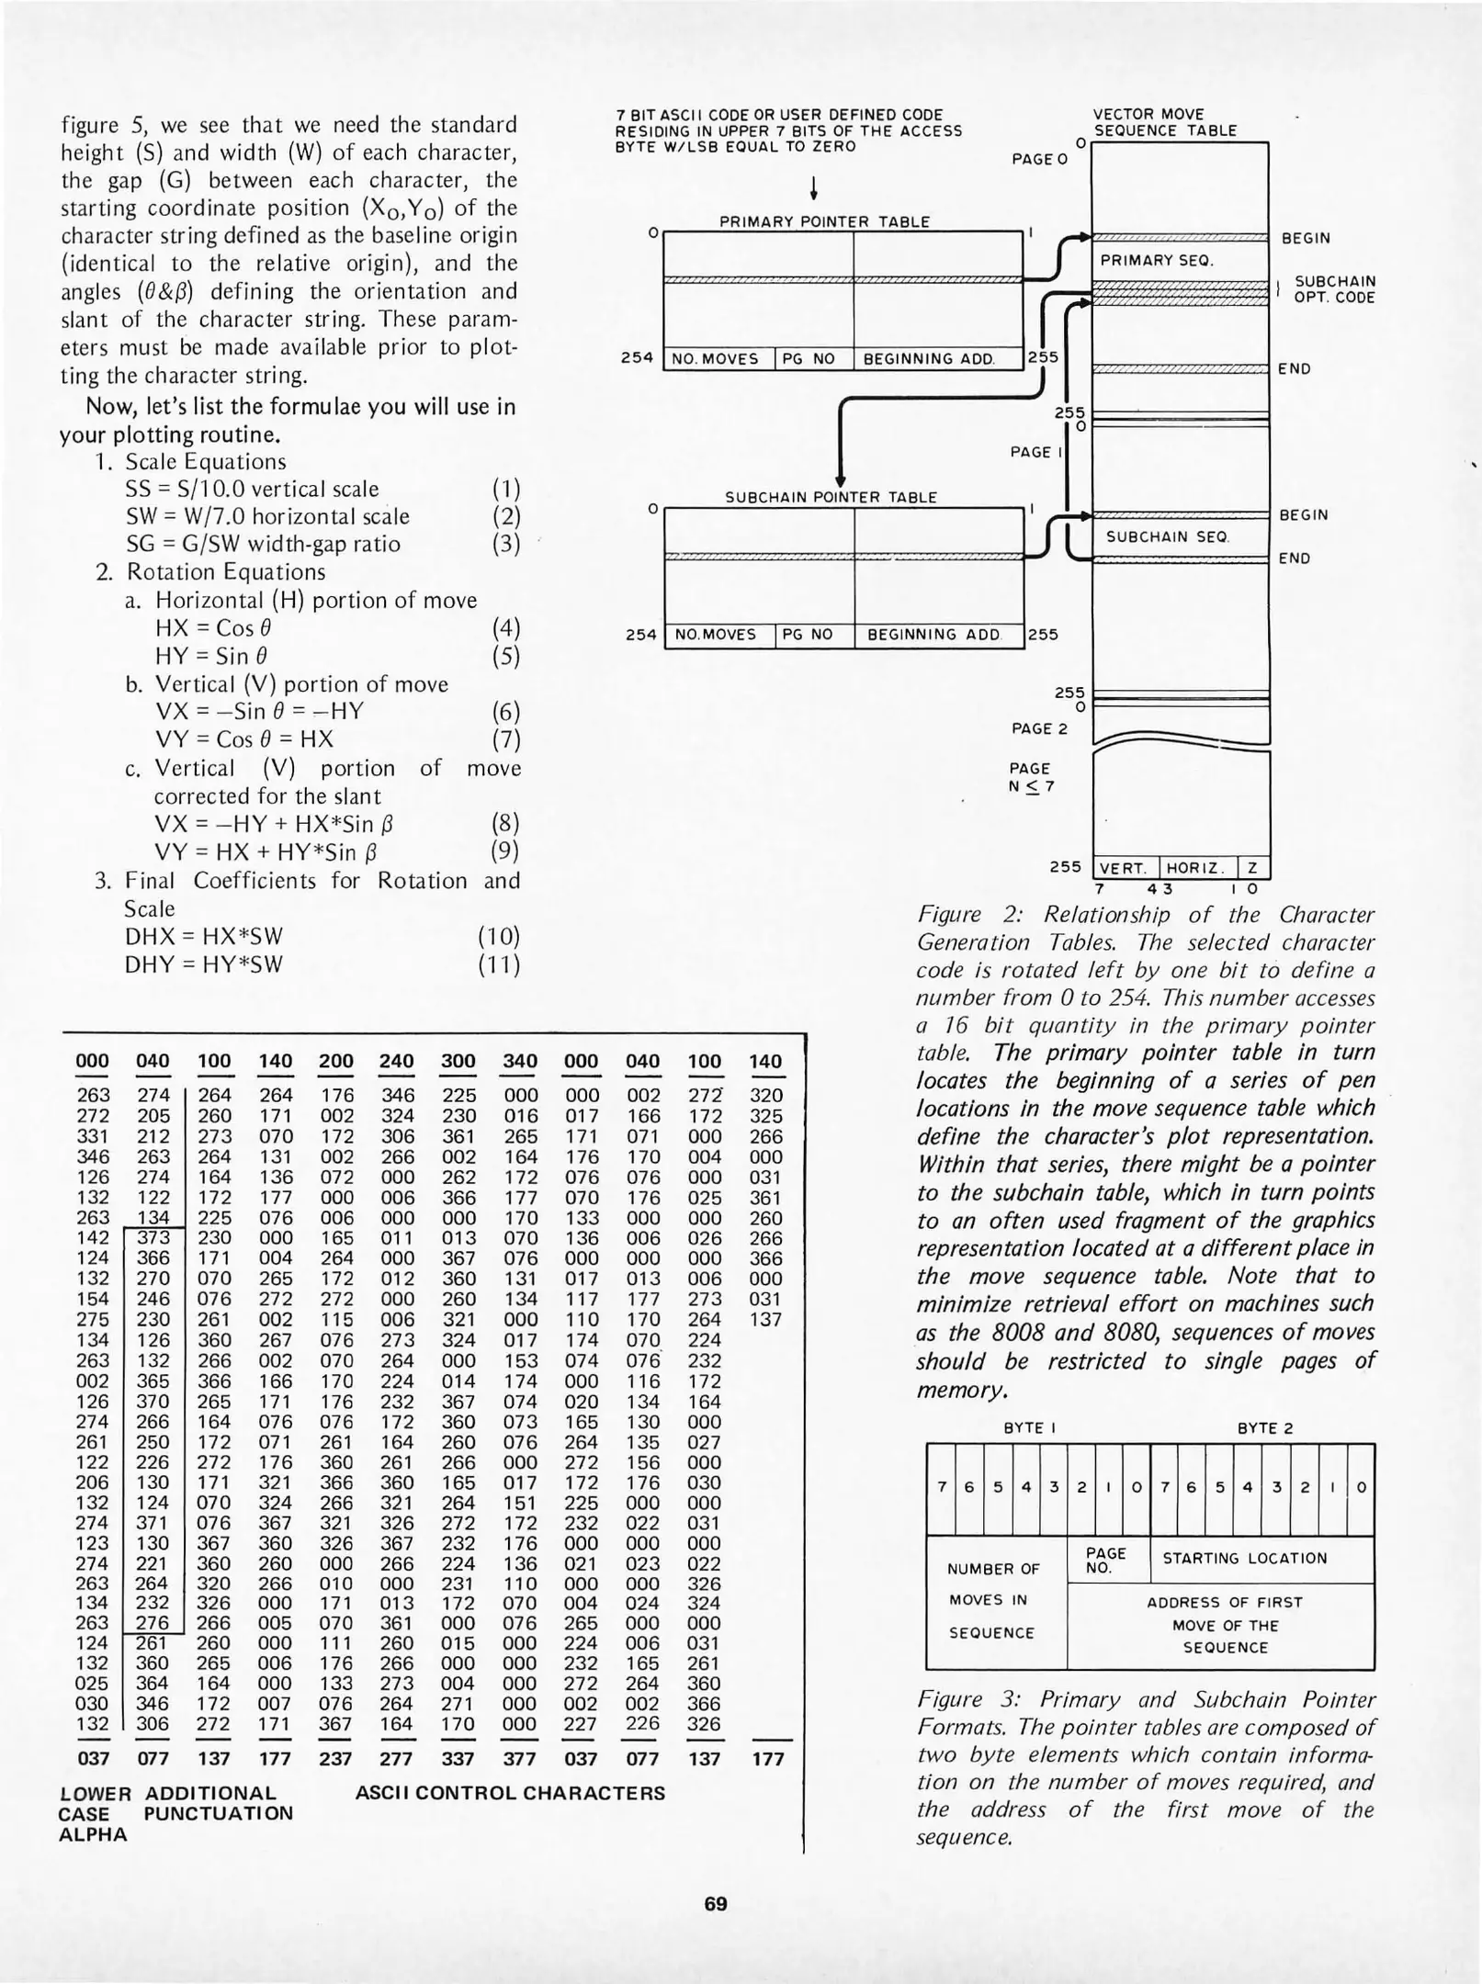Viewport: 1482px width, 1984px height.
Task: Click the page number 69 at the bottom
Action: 715,1904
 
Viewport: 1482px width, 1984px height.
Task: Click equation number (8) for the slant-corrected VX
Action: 505,822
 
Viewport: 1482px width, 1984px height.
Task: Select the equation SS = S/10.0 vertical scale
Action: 252,489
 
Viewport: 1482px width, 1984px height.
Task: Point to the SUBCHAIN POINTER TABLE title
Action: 831,497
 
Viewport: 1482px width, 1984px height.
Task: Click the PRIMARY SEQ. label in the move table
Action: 1157,260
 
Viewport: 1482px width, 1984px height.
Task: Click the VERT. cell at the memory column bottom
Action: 1125,868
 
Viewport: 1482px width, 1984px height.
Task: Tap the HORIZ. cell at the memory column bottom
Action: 1197,868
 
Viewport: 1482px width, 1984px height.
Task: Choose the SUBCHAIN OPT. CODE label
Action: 1333,288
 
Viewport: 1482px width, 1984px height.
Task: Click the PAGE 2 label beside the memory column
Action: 1039,728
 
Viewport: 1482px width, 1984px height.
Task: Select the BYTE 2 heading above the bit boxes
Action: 1264,1428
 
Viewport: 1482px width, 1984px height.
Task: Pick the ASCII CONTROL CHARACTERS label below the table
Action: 510,1792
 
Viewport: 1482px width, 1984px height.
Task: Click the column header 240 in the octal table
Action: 397,1061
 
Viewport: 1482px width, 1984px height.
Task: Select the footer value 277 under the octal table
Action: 397,1758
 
